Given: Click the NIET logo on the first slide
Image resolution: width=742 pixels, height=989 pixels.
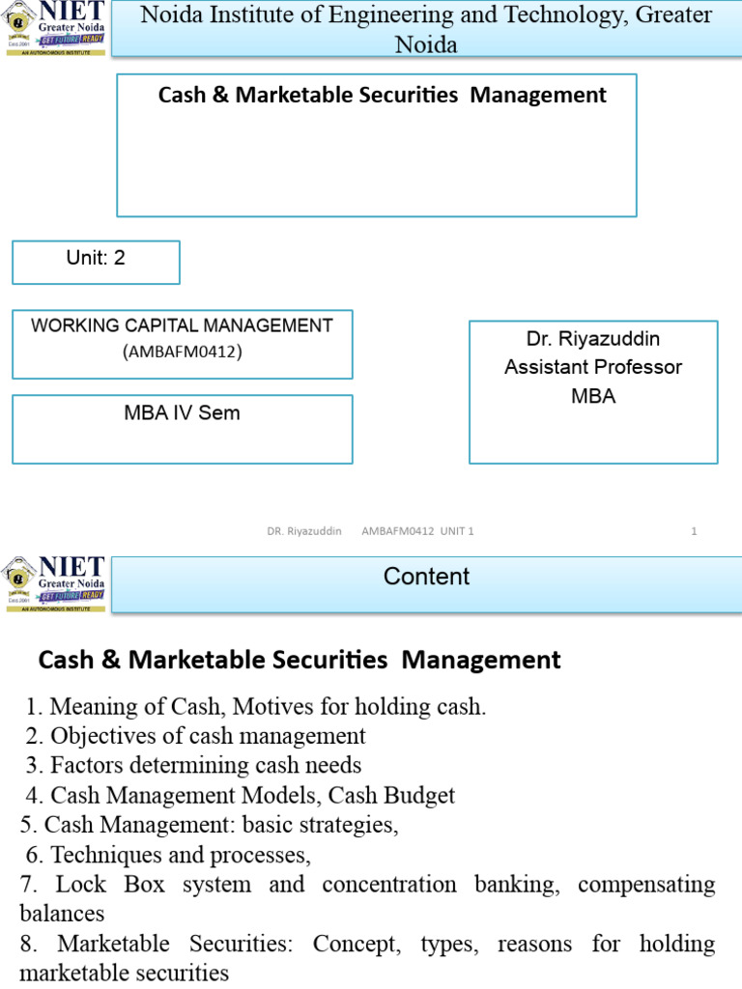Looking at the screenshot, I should tap(54, 29).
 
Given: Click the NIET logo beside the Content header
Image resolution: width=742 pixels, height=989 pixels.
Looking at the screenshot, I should tap(54, 583).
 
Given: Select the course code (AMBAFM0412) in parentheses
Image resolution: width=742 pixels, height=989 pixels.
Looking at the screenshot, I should tap(182, 352).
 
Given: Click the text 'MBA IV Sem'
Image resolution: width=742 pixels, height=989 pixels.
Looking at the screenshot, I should tap(182, 413).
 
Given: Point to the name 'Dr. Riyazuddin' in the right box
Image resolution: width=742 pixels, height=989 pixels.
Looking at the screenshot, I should tap(593, 339).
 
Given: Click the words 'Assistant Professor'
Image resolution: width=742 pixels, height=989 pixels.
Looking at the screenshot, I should tap(593, 367).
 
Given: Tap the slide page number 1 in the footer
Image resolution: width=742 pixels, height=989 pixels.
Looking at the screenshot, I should tap(694, 530).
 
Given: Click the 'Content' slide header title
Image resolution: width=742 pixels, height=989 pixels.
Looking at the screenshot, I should tap(426, 577).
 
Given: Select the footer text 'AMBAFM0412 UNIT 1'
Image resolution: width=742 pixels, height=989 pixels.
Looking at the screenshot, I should tap(417, 530).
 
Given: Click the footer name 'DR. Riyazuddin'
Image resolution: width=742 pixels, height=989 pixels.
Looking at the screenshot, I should tap(304, 530).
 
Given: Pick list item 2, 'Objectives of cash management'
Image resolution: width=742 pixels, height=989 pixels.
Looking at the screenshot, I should tap(207, 736).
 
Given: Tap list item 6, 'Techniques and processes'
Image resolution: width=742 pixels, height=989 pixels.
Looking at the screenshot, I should tap(180, 855).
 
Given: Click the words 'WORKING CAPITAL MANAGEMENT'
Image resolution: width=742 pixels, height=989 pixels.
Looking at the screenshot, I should tap(182, 325).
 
